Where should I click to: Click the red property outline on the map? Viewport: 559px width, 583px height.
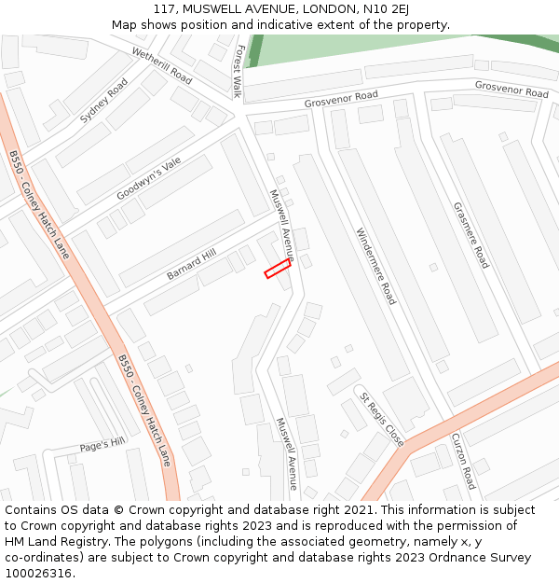pos(277,269)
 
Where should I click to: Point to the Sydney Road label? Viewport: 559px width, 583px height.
pos(103,101)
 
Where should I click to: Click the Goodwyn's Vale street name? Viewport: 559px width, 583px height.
pos(149,179)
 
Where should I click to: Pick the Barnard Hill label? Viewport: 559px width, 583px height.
pos(191,264)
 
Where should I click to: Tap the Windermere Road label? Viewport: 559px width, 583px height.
pos(375,266)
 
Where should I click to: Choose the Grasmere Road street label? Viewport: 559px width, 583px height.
pos(470,235)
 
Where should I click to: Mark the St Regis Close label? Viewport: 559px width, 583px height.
pos(382,420)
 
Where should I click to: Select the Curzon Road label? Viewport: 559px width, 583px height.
pos(463,461)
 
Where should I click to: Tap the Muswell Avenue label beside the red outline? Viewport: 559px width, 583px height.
pos(281,225)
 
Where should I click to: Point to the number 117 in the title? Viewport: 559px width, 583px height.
pos(165,9)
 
